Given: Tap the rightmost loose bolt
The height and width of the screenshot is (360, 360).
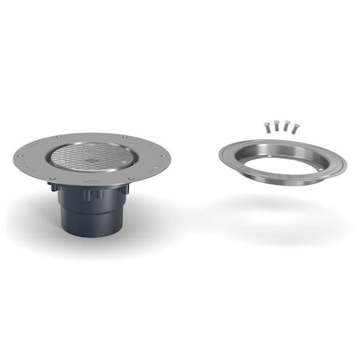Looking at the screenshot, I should pyautogui.click(x=296, y=126).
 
